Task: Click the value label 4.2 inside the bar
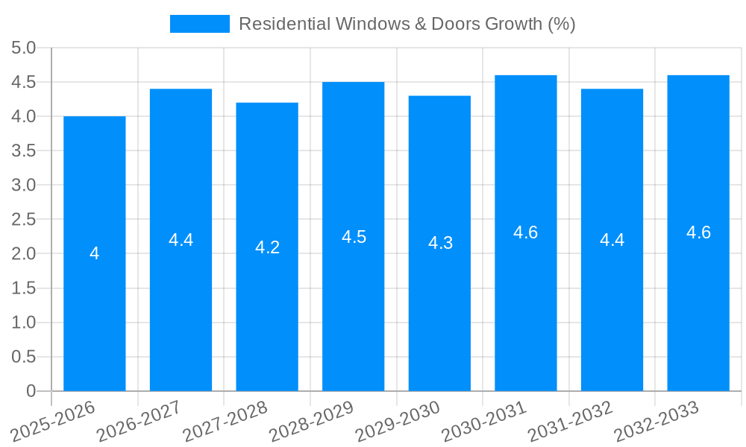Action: pyautogui.click(x=267, y=247)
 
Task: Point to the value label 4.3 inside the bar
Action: pyautogui.click(x=440, y=243)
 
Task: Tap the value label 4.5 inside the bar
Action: pyautogui.click(x=354, y=237)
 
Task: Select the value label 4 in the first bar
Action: pyautogui.click(x=94, y=253)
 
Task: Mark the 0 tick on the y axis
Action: pyautogui.click(x=31, y=391)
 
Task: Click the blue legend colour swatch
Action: pyautogui.click(x=199, y=24)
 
